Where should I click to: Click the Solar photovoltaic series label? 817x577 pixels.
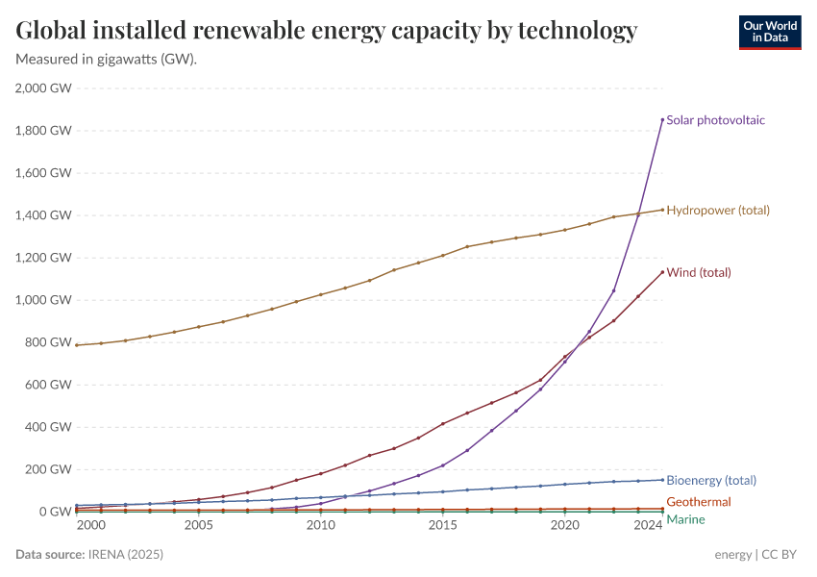[715, 120]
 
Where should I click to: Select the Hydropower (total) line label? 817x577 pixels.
[717, 210]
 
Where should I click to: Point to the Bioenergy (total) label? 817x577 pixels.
[711, 480]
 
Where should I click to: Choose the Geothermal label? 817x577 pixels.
[698, 502]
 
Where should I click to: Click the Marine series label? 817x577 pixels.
[685, 519]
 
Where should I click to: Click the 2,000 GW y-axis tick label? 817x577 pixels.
[43, 88]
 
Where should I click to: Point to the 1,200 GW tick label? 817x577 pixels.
[43, 258]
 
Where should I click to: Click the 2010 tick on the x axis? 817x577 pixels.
[321, 526]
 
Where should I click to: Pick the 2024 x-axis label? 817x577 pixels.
[649, 526]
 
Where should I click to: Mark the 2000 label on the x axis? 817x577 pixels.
[90, 526]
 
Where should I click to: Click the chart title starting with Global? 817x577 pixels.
[327, 31]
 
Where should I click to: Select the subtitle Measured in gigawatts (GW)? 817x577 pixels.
[107, 59]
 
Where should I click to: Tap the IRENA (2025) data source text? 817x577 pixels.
[125, 555]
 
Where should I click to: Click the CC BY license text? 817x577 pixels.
[780, 555]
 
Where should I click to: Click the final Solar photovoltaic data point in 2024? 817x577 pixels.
[662, 119]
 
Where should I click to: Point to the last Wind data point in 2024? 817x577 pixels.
[662, 271]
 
